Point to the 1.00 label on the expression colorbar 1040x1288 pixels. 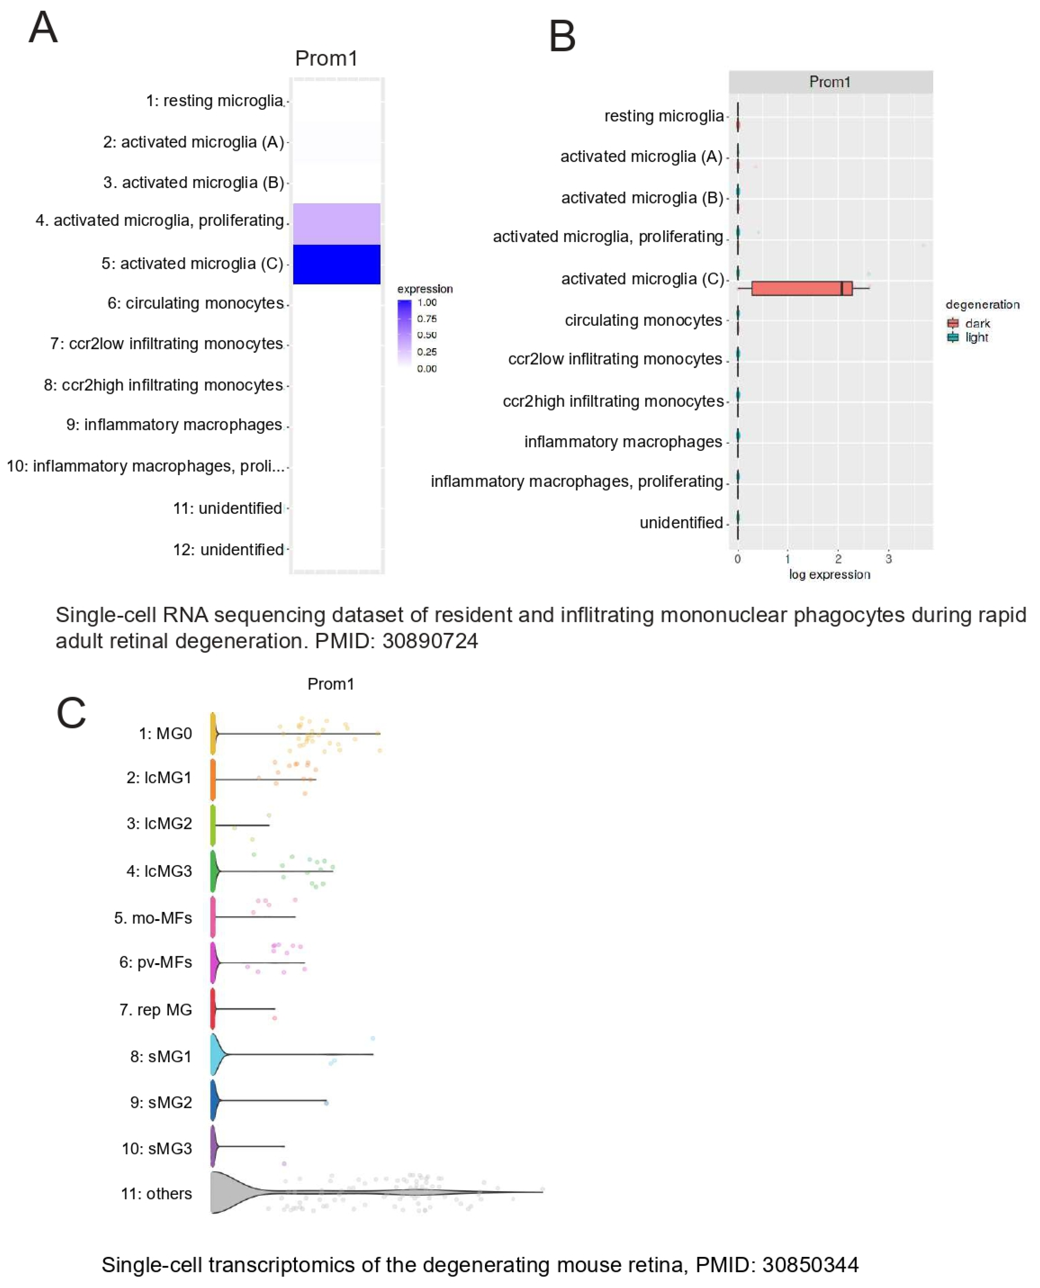(427, 302)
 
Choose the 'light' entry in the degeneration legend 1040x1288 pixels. (976, 337)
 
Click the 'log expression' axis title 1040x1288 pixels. (829, 575)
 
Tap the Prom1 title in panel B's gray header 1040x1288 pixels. (829, 82)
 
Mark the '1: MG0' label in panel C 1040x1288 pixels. (165, 733)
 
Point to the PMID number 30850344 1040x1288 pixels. (810, 1265)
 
